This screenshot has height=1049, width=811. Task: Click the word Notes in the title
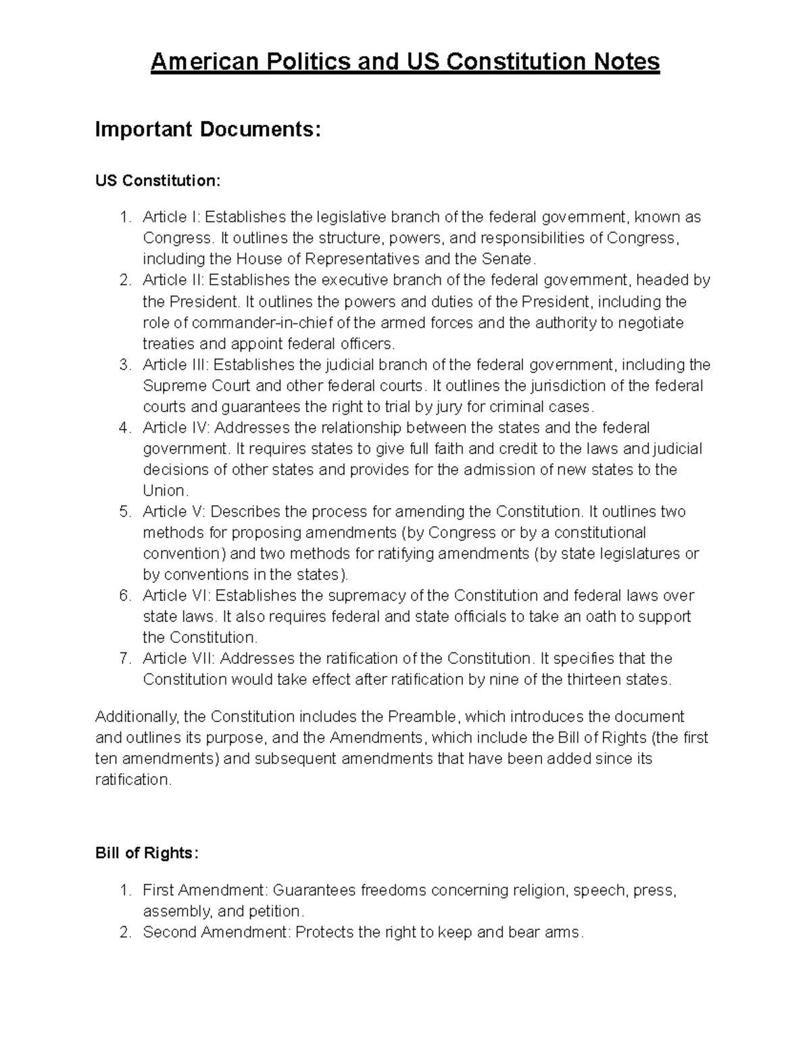tap(626, 62)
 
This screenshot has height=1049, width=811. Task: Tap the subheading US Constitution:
tap(157, 180)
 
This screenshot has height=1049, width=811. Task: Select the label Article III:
tap(176, 365)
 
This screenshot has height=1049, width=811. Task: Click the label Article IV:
tap(176, 428)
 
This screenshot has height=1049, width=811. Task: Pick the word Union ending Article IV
tap(163, 491)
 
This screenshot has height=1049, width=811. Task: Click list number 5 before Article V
tap(124, 512)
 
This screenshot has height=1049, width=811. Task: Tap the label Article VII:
tap(179, 659)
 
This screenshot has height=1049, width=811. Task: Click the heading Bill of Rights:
tap(147, 853)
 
